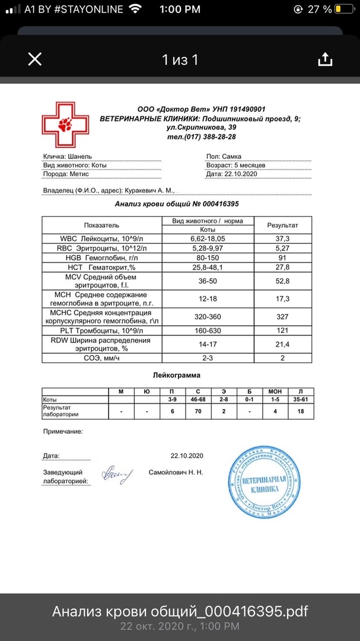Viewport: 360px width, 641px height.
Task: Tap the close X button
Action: pyautogui.click(x=35, y=59)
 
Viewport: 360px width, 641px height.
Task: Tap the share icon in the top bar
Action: pyautogui.click(x=324, y=59)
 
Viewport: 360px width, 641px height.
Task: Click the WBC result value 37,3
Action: pyautogui.click(x=282, y=238)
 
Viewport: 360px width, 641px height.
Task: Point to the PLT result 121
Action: pyautogui.click(x=282, y=329)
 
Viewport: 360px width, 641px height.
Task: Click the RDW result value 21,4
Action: pyautogui.click(x=282, y=344)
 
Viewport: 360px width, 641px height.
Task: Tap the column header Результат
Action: pyautogui.click(x=282, y=226)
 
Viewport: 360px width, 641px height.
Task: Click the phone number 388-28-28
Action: pyautogui.click(x=216, y=137)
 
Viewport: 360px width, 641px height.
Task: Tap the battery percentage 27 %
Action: pyautogui.click(x=320, y=9)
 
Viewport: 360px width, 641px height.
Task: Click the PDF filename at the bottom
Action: pyautogui.click(x=180, y=611)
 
